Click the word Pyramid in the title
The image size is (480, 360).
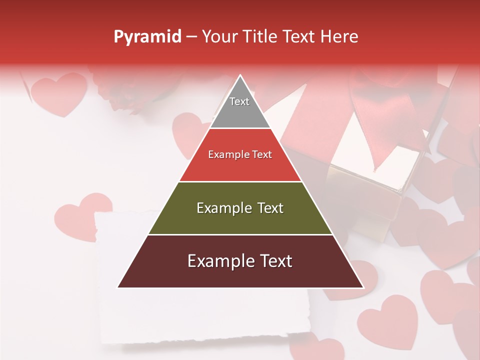tap(147, 37)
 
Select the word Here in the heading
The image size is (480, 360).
tap(339, 37)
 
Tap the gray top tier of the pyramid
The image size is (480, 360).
tap(240, 107)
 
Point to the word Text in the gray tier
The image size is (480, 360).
tap(239, 101)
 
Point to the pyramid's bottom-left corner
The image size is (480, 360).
tap(118, 287)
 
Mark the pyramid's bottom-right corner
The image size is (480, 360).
tap(363, 287)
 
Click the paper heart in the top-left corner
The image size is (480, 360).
tap(58, 93)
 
